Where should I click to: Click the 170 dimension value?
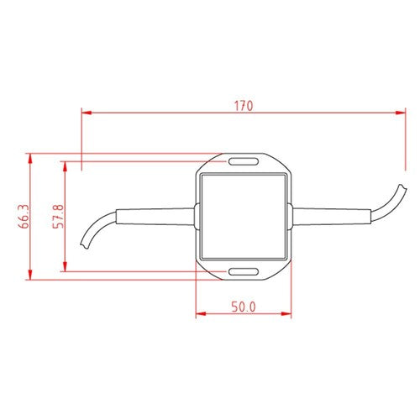click(x=244, y=106)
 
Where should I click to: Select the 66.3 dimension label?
click(x=22, y=217)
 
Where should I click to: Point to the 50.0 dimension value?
click(x=243, y=307)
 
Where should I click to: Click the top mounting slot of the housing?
click(x=244, y=160)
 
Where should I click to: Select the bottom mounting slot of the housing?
click(x=244, y=271)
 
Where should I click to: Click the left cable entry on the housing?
click(x=197, y=216)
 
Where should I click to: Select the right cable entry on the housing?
click(x=291, y=216)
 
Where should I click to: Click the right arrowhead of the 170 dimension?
click(x=402, y=110)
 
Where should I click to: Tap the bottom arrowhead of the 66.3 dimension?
click(x=31, y=276)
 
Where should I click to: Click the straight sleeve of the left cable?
click(x=155, y=216)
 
